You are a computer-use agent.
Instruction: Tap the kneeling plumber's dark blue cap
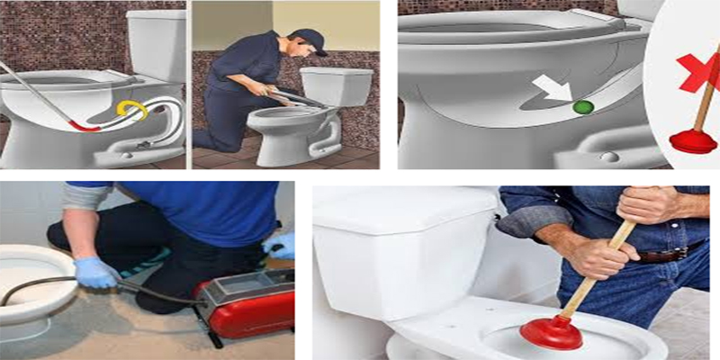309,38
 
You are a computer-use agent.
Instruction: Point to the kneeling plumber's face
304,54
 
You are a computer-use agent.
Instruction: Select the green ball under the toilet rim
582,107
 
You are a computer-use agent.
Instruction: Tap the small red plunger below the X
690,139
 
